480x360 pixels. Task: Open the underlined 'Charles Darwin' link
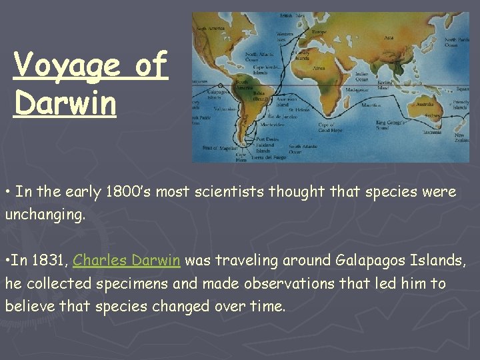click(x=126, y=260)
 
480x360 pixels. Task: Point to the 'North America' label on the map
click(x=209, y=29)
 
